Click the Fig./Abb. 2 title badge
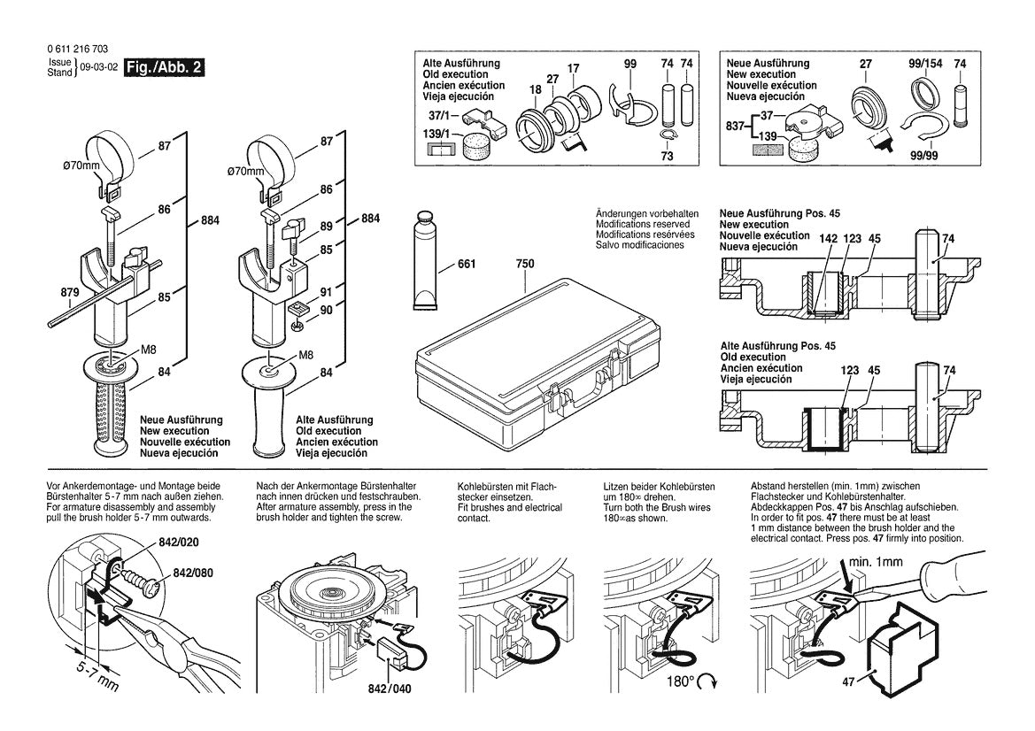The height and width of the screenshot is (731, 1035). click(x=165, y=68)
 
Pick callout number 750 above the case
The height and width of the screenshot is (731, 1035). click(x=524, y=264)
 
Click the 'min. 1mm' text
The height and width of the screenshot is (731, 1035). click(x=877, y=561)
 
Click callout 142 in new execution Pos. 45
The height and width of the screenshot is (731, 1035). click(x=827, y=238)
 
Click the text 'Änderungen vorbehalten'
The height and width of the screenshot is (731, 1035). click(x=647, y=214)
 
